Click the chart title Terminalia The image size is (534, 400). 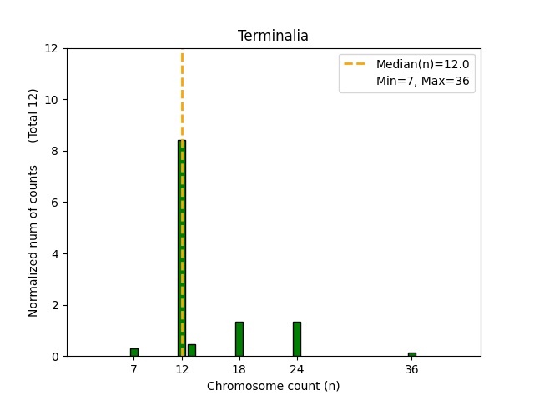point(273,36)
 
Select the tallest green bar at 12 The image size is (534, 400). point(182,250)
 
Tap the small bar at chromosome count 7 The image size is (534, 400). point(134,352)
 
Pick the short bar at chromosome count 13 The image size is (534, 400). point(192,350)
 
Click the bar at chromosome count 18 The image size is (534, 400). point(239,339)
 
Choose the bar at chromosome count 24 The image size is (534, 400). point(297,339)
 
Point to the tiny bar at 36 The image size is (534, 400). point(412,354)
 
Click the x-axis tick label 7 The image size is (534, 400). point(134,369)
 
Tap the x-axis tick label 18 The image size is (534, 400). point(239,369)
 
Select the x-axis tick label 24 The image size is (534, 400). point(297,369)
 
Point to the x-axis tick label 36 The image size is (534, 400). point(411,369)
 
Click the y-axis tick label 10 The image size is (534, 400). point(51,100)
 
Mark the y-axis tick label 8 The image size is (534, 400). point(54,151)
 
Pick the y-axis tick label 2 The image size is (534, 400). point(54,305)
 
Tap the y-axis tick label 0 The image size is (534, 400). point(54,357)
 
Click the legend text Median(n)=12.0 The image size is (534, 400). point(422,65)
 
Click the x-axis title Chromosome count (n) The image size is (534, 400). point(273,386)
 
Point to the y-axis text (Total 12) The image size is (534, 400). point(33,114)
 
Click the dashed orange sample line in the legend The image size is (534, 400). point(357,65)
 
